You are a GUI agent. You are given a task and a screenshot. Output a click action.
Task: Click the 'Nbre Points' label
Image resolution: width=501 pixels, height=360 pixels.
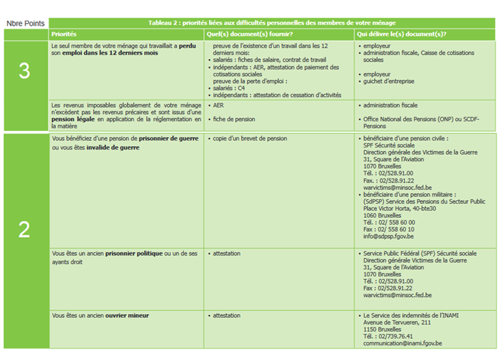click(x=24, y=24)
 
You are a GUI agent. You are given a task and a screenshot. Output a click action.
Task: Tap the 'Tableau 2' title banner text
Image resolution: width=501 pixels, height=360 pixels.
click(x=272, y=23)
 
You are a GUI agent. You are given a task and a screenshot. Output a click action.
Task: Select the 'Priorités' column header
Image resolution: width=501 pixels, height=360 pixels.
click(x=64, y=34)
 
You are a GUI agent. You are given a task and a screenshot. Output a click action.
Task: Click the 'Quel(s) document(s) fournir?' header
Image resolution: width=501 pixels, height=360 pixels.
click(x=243, y=34)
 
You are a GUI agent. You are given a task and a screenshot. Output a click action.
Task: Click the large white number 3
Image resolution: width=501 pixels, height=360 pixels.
click(x=24, y=72)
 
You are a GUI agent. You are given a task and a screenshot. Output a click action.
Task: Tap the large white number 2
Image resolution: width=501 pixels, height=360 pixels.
click(x=24, y=229)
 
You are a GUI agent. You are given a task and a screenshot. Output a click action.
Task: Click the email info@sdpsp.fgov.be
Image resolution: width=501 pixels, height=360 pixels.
click(x=389, y=236)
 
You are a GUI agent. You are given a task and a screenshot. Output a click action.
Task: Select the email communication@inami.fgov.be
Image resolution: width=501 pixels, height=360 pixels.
click(x=402, y=344)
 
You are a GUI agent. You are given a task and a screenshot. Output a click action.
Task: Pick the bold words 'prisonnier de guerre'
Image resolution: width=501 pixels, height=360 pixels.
click(x=169, y=138)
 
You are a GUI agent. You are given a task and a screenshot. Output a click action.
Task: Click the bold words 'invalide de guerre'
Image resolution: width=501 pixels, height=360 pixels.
click(x=113, y=148)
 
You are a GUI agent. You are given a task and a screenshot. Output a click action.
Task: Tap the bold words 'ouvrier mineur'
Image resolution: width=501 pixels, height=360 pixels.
click(x=127, y=315)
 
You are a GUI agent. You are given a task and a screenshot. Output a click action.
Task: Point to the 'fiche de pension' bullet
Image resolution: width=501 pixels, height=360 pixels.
click(x=234, y=119)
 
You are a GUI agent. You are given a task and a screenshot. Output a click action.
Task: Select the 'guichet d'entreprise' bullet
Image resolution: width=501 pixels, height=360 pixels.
click(x=389, y=81)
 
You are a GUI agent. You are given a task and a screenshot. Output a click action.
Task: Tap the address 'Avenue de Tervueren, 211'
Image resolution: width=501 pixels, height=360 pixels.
click(x=397, y=322)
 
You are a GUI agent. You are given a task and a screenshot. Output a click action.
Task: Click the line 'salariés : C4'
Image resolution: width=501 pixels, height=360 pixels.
click(x=229, y=88)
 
